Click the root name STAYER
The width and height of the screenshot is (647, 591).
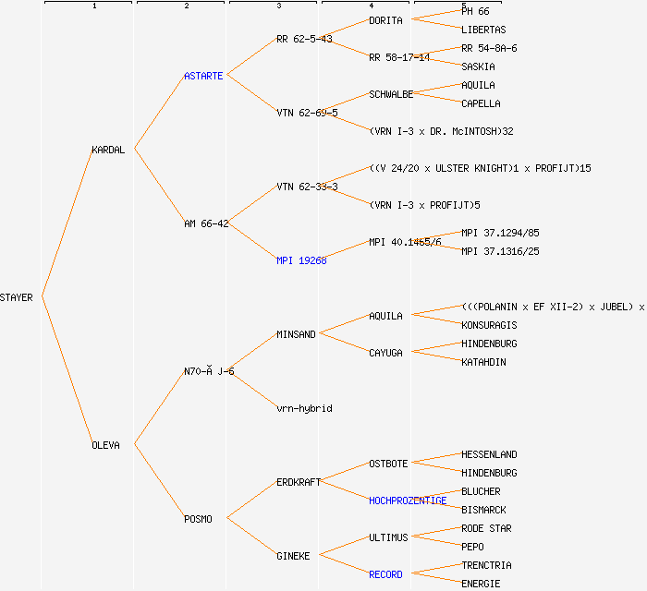17,297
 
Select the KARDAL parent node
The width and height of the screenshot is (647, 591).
108,150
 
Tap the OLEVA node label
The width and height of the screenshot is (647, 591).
105,445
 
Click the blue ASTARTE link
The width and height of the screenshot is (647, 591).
203,76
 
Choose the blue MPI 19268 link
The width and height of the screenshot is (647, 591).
301,260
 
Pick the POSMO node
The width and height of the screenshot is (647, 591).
198,519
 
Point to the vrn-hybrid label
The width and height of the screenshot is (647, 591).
304,408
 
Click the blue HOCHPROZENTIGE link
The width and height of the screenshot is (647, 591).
408,501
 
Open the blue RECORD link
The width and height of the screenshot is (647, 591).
385,574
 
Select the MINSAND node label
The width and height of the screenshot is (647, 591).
296,334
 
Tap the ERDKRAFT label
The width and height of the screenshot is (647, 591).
299,482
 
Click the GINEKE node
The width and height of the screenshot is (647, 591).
293,556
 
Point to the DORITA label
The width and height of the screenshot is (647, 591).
385,20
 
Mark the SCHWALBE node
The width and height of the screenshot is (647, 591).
391,94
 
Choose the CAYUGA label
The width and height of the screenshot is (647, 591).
385,353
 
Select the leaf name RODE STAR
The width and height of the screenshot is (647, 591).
486,528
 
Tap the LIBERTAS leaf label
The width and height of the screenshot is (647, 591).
483,30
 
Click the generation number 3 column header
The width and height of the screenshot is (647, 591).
279,6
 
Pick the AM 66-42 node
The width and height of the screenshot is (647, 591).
206,223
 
